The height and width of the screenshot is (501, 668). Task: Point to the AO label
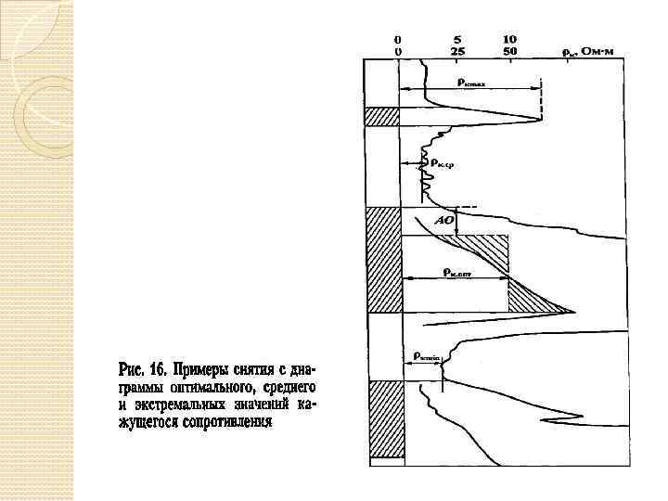coord(444,222)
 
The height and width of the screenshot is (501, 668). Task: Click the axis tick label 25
coord(458,52)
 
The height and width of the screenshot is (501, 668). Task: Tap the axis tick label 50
coord(509,52)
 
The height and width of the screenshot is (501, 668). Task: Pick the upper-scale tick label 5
coord(458,40)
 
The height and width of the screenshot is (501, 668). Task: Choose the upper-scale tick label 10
coord(509,40)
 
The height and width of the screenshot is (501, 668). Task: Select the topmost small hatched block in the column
coord(381,116)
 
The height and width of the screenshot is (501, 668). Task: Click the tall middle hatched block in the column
coord(381,259)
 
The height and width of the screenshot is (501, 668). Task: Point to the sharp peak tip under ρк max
coord(541,119)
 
